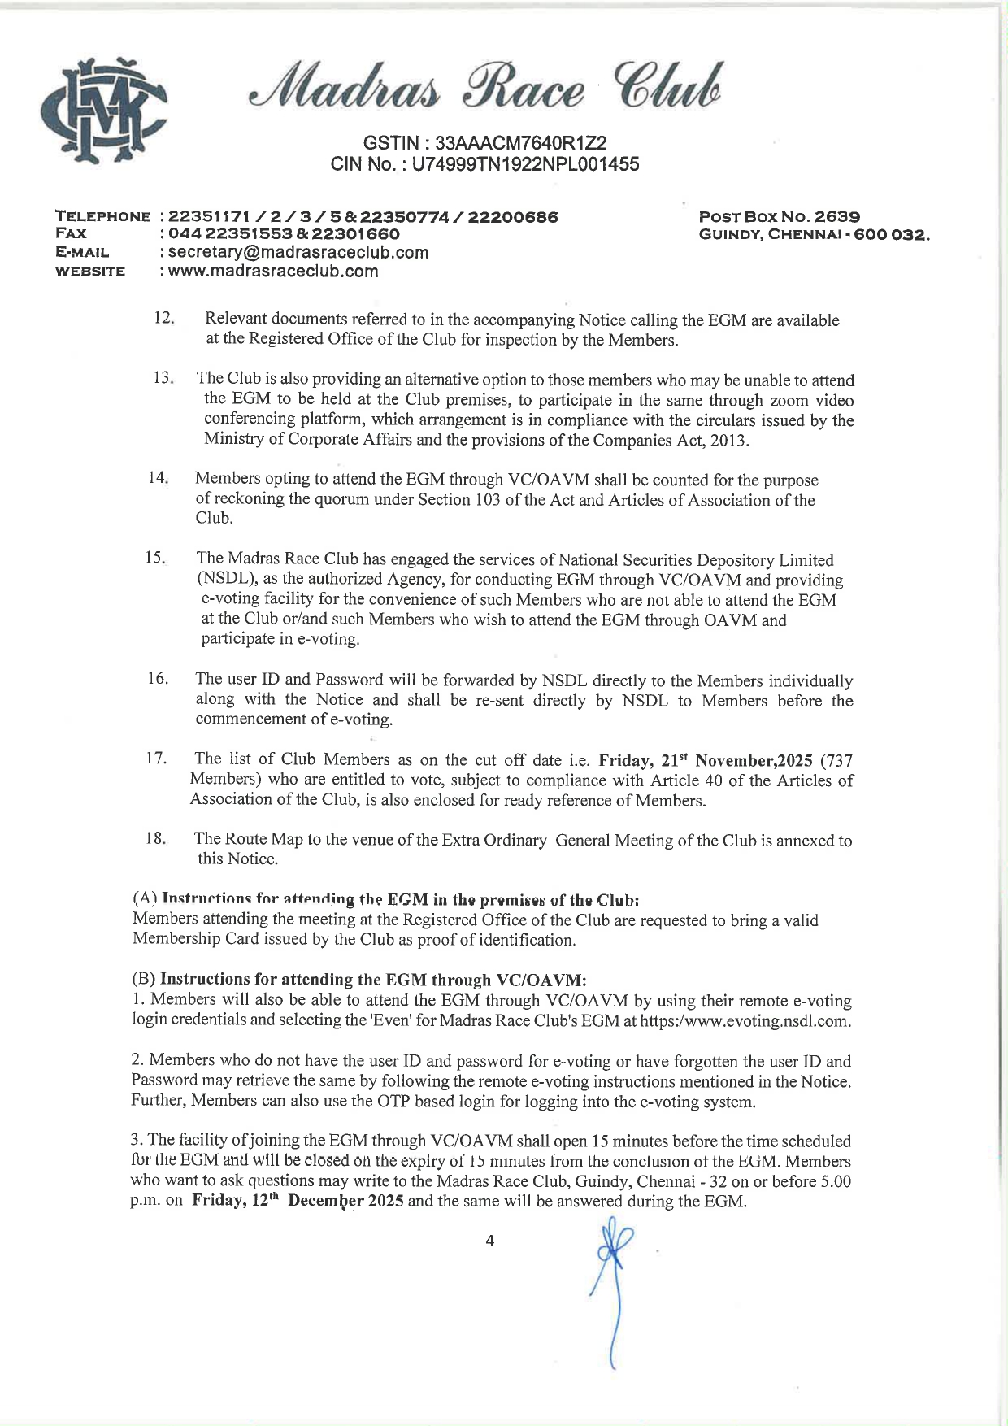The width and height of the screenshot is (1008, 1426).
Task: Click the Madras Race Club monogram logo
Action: coord(104,111)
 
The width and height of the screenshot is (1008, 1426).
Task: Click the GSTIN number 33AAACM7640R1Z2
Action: coord(521,143)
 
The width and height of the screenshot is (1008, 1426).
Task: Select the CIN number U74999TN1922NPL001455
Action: coord(525,164)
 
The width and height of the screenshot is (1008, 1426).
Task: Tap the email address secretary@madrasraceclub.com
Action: coord(298,252)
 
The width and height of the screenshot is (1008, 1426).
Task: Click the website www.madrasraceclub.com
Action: coord(273,272)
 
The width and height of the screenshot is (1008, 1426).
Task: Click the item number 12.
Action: coord(164,318)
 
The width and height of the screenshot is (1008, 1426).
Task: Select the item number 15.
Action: coord(155,558)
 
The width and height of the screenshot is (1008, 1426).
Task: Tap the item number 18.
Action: coord(155,838)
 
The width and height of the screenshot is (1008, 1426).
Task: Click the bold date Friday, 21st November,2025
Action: coord(706,761)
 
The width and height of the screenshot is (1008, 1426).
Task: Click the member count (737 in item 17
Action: coord(836,761)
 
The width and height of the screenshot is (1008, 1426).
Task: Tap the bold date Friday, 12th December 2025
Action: coord(298,1202)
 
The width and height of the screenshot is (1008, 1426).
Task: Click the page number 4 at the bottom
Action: coord(489,1241)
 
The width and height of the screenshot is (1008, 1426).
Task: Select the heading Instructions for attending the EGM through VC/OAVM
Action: coord(372,980)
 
